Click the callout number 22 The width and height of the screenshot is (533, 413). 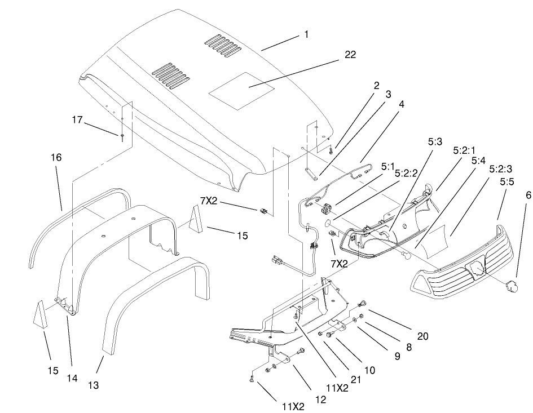pos(350,54)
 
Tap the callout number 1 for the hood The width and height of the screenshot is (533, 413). pos(306,34)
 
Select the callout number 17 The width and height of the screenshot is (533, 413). pos(77,119)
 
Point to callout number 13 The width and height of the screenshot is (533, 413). pos(93,385)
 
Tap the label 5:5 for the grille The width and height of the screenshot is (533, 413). pos(505,183)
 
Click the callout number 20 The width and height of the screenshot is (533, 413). pos(422,336)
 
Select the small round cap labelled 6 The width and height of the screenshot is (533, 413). pos(510,286)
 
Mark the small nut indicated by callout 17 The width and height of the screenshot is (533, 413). pos(122,136)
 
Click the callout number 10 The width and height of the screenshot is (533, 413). pos(369,370)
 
